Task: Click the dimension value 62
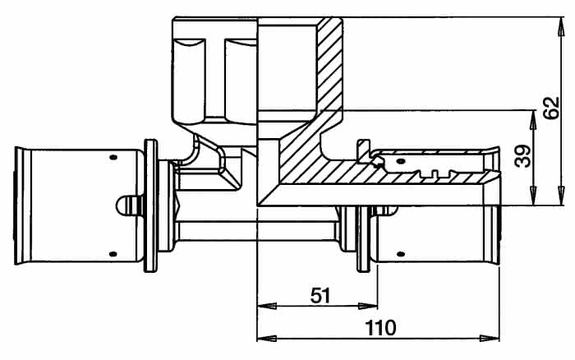click(552, 108)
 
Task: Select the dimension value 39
click(523, 156)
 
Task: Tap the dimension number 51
click(320, 295)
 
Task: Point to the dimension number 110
click(381, 328)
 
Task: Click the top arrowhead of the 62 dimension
click(561, 27)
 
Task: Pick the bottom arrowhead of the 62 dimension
click(561, 196)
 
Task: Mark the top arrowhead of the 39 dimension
click(533, 120)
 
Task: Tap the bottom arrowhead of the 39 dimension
click(533, 196)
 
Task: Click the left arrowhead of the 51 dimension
click(267, 306)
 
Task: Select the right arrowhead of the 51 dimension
click(368, 306)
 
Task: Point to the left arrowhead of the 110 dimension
click(267, 338)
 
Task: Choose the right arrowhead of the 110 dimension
click(490, 338)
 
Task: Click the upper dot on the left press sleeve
click(113, 158)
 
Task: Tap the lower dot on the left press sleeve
click(113, 254)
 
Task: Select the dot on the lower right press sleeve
click(402, 254)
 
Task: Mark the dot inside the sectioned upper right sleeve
click(402, 161)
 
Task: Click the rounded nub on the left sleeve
click(129, 205)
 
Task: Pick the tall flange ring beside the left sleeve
click(150, 205)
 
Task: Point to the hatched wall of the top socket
click(329, 66)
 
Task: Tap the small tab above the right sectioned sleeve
click(363, 149)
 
